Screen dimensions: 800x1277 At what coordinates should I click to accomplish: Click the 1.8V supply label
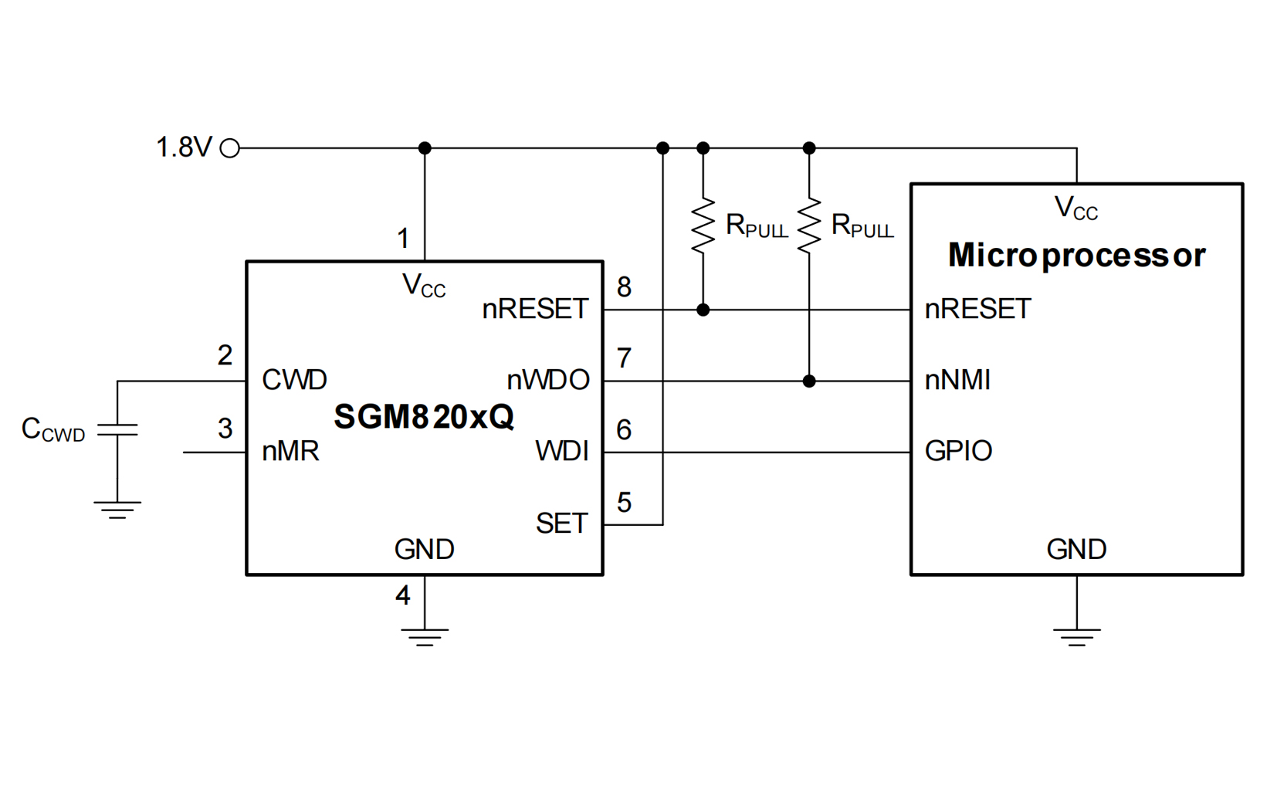tap(184, 147)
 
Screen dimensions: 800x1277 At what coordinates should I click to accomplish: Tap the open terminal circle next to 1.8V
tap(230, 148)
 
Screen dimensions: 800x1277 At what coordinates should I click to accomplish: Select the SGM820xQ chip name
tap(423, 417)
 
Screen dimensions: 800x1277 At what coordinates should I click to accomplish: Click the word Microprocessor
tap(1076, 255)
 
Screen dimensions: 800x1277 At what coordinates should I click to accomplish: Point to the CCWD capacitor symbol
tap(117, 430)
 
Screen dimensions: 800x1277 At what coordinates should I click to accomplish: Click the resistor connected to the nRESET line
tap(703, 225)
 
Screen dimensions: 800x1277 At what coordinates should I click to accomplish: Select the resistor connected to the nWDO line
tap(808, 225)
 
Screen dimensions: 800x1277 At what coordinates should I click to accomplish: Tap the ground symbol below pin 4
tap(424, 636)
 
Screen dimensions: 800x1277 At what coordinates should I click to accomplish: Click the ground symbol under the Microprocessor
tap(1076, 636)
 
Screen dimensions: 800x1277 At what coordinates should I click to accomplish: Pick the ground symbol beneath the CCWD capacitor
tap(117, 510)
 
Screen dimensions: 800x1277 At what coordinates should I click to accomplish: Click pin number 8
tap(624, 287)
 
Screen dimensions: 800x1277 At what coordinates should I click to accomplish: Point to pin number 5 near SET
tap(624, 503)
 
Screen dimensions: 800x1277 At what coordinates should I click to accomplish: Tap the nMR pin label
tap(290, 451)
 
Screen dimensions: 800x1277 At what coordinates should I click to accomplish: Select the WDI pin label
tap(561, 451)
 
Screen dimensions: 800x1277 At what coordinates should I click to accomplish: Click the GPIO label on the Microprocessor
tap(958, 451)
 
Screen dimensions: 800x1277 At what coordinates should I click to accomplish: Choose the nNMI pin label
tap(957, 380)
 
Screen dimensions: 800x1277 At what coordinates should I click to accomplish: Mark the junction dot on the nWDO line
tap(808, 381)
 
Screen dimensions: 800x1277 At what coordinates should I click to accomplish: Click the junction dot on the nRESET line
tap(703, 310)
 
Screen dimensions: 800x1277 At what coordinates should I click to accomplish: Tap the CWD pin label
tap(294, 380)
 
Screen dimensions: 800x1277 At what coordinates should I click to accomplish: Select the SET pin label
tap(561, 524)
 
